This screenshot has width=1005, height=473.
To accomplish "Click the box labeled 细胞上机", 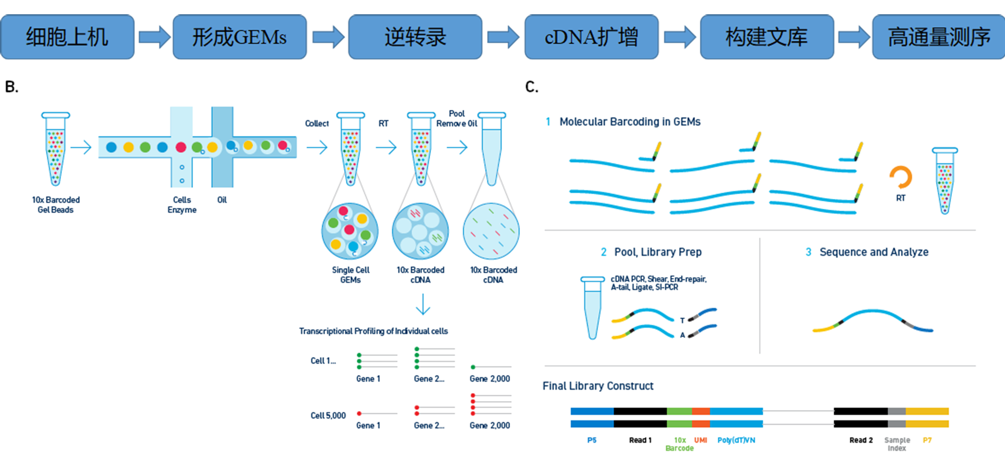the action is coord(67,37).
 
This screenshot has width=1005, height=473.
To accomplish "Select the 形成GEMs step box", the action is coord(240,37).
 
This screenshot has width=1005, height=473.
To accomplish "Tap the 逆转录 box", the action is coord(415,37).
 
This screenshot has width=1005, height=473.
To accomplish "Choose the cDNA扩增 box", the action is coord(591,37).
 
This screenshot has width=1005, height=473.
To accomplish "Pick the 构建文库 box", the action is coord(767,37).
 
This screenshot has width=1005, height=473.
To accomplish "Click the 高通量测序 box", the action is coord(939,37).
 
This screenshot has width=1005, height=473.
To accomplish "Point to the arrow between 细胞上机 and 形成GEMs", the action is coord(154,37).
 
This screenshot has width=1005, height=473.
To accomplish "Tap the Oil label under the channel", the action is coord(222,200).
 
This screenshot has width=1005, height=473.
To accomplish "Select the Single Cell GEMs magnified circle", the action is coord(350,231).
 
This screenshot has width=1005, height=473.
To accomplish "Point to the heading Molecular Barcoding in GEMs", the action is coord(630,122).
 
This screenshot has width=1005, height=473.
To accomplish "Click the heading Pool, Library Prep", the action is coord(658,252).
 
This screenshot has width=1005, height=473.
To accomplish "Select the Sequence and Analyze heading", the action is coord(874,252).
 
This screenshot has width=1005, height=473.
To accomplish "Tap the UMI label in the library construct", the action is coord(701,440).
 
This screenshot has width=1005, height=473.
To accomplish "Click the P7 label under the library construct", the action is coord(927,440).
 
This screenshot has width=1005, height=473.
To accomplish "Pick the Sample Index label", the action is coord(897,444).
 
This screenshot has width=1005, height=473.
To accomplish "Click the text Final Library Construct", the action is coord(598,386).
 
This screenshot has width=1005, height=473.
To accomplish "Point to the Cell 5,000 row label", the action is coord(328,416).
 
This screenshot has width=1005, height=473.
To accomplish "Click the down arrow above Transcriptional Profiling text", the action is coord(423,304).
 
